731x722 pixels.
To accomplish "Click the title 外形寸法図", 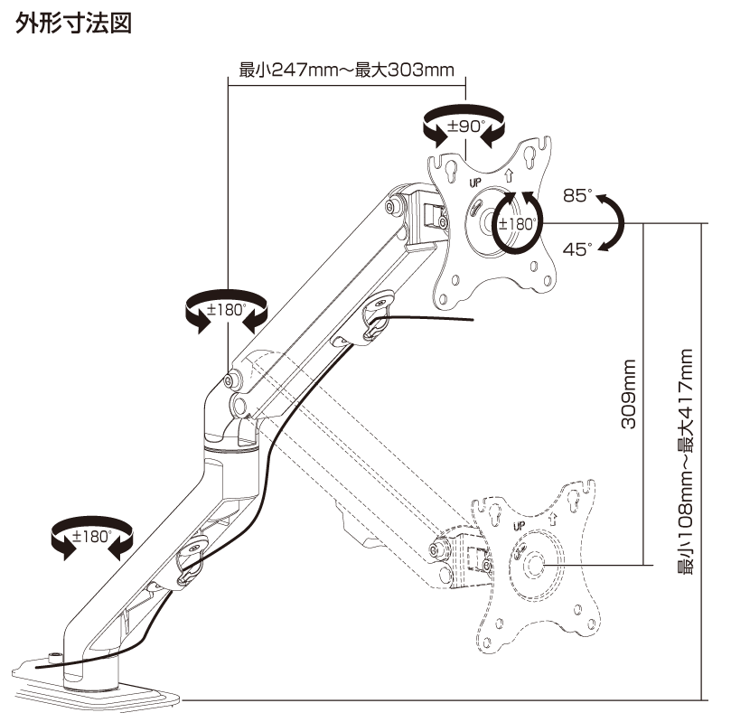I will [x=74, y=23].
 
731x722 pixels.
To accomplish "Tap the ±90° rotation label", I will [x=466, y=127].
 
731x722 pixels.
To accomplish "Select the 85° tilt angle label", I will [x=576, y=195].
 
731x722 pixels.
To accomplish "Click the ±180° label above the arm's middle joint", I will [x=226, y=308].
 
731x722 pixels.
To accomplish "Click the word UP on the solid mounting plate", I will [x=477, y=181].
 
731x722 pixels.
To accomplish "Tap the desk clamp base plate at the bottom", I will [x=90, y=689].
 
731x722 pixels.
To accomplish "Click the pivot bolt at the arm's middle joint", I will [x=232, y=380].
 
